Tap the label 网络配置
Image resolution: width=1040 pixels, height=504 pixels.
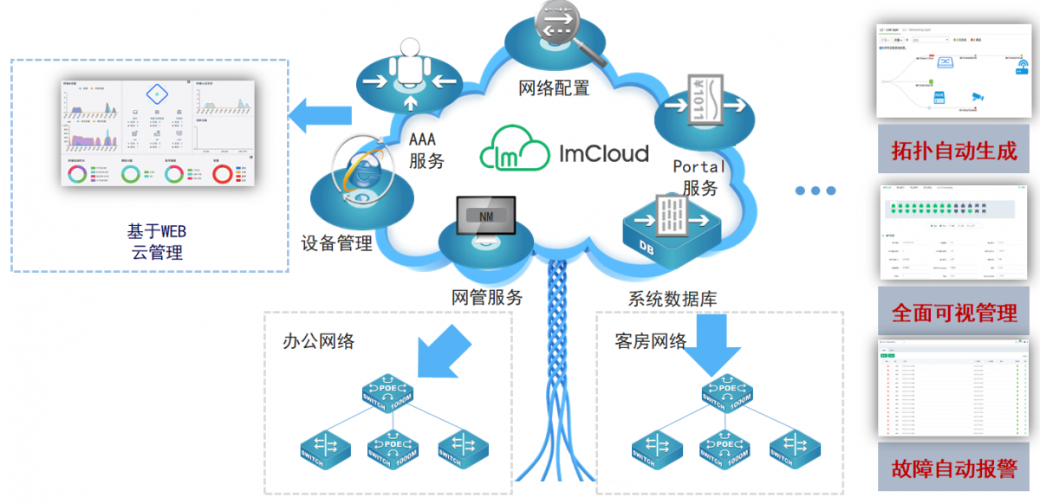(x=554, y=87)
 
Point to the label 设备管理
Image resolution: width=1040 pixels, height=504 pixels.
(x=336, y=243)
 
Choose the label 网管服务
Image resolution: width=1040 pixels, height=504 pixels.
(x=487, y=297)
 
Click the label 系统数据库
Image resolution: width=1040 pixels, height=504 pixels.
(x=673, y=299)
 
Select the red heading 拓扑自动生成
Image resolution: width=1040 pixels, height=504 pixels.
(x=953, y=150)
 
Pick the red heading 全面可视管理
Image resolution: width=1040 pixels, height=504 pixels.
(x=953, y=313)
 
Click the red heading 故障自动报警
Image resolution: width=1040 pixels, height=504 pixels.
(x=953, y=468)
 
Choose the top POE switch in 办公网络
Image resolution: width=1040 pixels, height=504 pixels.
(x=389, y=395)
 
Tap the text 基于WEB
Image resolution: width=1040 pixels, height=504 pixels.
(x=157, y=231)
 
